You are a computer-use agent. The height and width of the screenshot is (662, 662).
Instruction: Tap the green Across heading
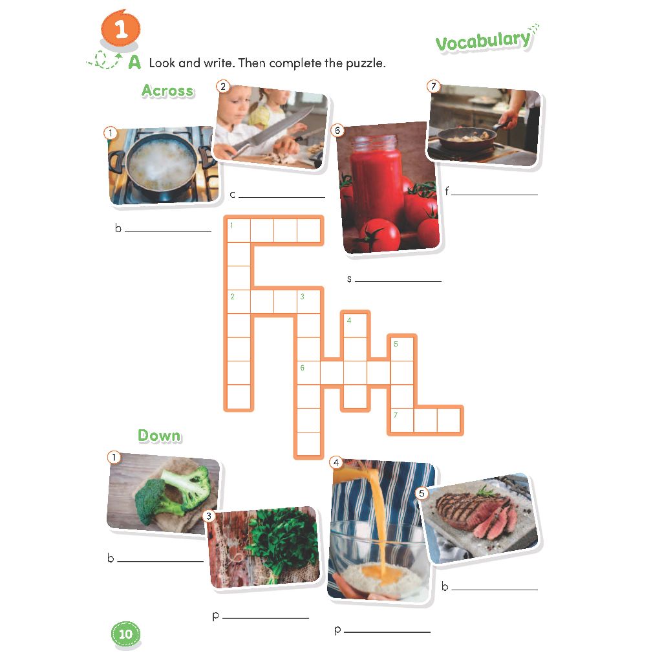(x=167, y=91)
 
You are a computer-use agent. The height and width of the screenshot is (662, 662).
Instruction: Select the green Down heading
(x=159, y=435)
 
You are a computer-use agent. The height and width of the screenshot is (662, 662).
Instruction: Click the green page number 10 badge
(x=125, y=634)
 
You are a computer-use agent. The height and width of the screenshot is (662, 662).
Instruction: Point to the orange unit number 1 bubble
(x=120, y=28)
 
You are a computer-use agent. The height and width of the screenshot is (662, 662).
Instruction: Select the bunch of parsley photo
(x=264, y=548)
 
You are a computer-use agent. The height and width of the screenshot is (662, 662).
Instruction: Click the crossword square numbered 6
(x=308, y=373)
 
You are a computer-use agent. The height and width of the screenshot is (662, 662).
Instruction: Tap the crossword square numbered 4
(x=356, y=326)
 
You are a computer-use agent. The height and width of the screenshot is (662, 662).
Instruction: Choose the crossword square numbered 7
(x=402, y=420)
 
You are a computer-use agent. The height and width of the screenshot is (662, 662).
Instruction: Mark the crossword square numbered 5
(x=402, y=349)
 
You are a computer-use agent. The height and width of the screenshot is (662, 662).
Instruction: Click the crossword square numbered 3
(x=308, y=302)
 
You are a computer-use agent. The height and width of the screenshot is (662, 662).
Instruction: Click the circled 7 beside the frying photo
(x=433, y=87)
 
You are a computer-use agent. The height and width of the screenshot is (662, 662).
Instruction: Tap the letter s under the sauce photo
(x=349, y=279)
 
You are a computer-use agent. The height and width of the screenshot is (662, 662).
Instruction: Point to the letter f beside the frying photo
(x=447, y=191)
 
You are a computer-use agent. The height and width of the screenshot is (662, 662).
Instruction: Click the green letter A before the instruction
(x=134, y=62)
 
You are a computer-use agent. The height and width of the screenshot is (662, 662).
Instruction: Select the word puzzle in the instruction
(x=366, y=63)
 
